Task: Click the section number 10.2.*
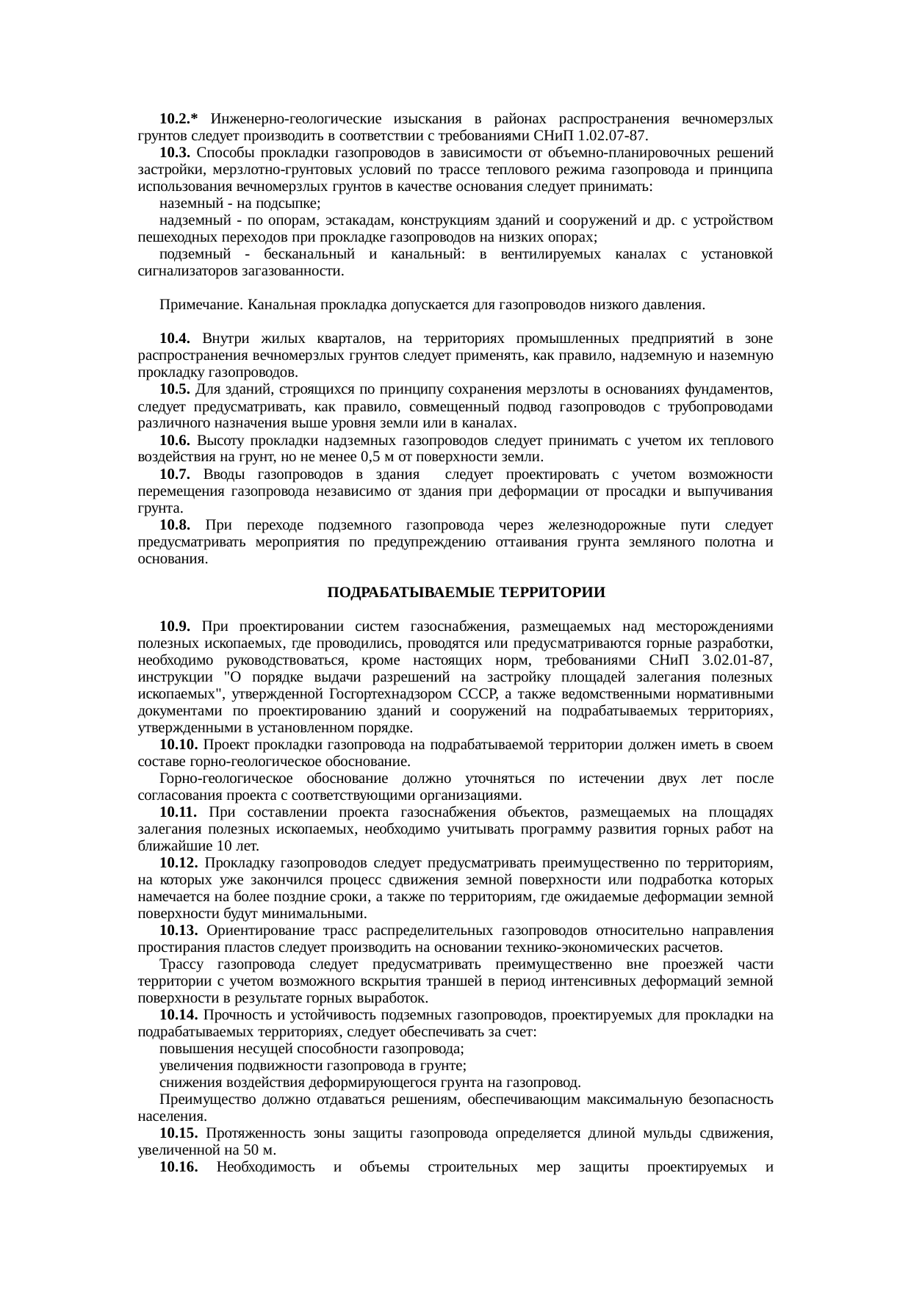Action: coord(179,119)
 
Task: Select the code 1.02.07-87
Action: coord(613,136)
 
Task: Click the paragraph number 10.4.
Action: coord(175,339)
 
